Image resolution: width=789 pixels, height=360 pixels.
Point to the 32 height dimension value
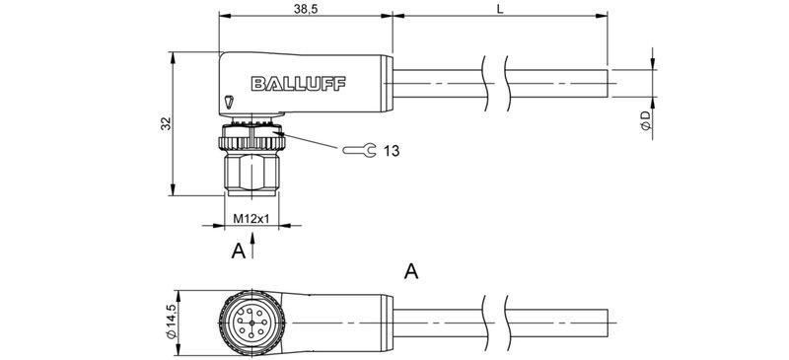166,123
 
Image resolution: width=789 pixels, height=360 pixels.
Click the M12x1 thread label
251,217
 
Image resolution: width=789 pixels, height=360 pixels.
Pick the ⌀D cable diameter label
644,121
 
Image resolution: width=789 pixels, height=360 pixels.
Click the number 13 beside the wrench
391,151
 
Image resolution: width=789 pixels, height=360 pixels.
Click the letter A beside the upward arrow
237,252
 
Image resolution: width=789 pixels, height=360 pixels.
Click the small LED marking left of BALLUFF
230,101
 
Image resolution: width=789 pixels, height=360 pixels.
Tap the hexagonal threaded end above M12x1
251,173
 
